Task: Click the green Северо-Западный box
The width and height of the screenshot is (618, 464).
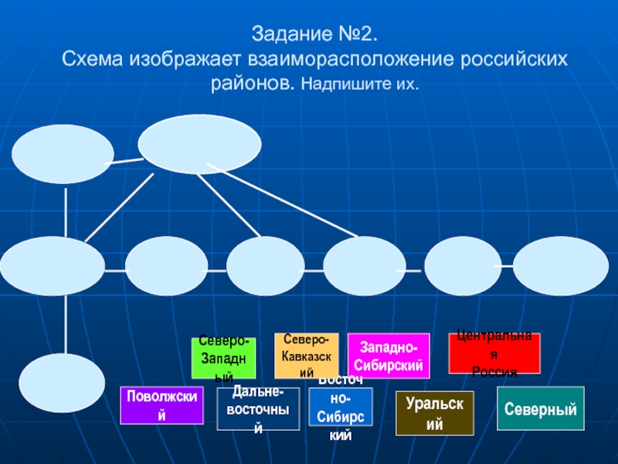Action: pos(224,359)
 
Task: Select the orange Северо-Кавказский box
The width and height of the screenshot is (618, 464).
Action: pos(307,356)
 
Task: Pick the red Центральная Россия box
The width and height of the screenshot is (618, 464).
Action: pos(494,354)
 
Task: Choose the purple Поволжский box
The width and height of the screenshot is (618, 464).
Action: pos(161,406)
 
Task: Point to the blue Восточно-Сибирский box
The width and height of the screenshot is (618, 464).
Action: pos(341,408)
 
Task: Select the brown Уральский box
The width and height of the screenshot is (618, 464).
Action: pos(435,414)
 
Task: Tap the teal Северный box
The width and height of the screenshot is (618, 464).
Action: pos(541,408)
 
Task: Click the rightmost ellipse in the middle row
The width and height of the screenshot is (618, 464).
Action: pos(555,266)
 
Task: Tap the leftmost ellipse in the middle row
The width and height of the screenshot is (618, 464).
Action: pos(53,266)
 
